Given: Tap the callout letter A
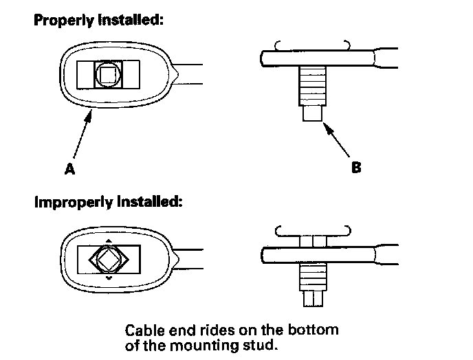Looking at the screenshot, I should point(69,168).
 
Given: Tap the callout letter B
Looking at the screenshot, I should point(355,167).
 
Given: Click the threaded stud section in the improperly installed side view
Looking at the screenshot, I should point(313,278).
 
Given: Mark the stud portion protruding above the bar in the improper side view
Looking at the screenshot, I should point(313,240).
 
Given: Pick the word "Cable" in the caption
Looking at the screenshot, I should point(146,330).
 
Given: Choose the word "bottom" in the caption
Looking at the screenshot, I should point(316,330).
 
